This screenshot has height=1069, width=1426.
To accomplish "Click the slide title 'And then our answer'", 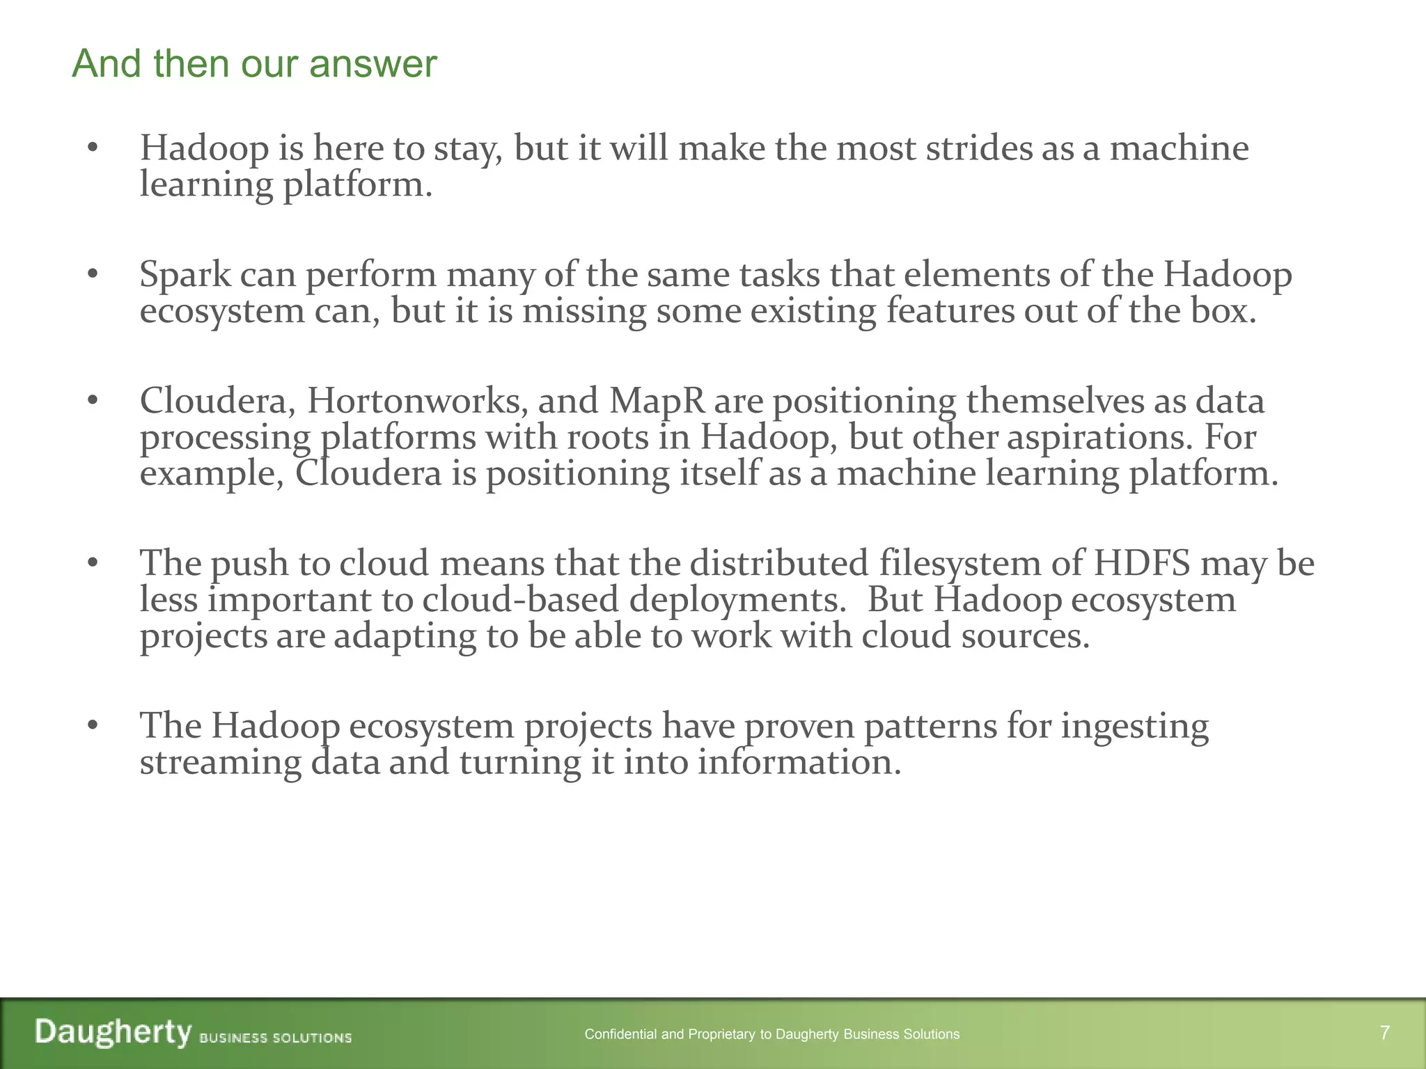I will point(254,64).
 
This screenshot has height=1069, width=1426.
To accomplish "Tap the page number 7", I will point(1385,1033).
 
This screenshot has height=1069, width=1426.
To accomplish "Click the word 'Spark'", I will point(185,274).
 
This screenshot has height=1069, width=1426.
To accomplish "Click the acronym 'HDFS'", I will point(1142,563).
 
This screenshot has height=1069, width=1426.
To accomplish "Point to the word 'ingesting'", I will point(1135,727).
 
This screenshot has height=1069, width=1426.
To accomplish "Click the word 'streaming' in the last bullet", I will point(221,763).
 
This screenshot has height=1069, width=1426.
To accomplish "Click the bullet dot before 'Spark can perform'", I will point(93,274).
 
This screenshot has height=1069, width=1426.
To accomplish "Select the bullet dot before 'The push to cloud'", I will point(93,563).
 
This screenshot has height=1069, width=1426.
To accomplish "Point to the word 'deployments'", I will point(737,599).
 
